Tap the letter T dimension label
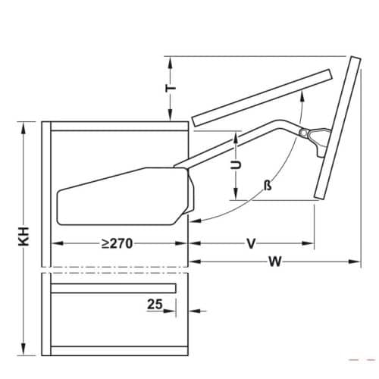[x=172, y=89]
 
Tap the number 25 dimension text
[x=155, y=305]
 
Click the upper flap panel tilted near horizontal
[x=262, y=97]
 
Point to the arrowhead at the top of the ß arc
[x=302, y=91]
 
